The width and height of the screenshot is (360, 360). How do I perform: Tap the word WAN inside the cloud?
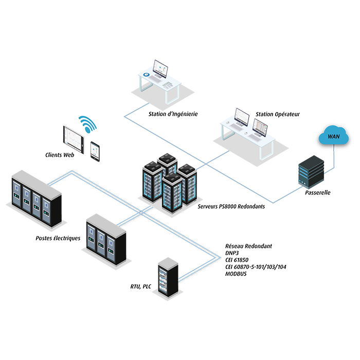pos(330,137)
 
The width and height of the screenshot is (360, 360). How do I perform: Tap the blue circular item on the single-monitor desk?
pos(147,75)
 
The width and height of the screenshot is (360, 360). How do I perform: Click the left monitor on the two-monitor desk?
pos(242,117)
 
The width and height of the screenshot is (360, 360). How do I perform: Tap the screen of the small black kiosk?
pos(95,149)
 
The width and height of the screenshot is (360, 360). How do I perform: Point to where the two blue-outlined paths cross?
pos(142,211)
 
